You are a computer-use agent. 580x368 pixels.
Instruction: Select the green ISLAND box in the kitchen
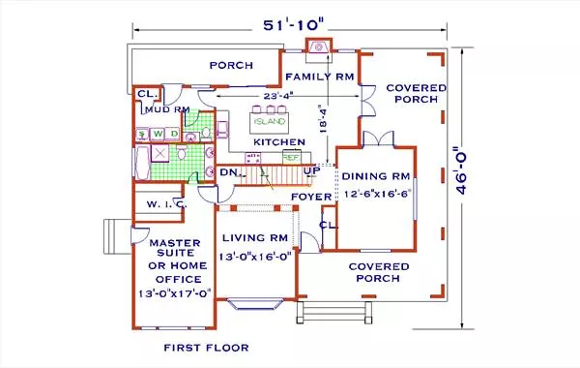(x=268, y=122)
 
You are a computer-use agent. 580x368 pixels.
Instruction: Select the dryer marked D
(x=174, y=134)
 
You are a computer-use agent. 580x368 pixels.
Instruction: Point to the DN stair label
(x=228, y=172)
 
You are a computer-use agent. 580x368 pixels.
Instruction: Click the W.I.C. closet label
(x=159, y=204)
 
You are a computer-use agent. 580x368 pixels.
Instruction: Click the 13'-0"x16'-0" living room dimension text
(x=252, y=256)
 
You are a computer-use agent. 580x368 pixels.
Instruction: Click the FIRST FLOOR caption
(x=206, y=347)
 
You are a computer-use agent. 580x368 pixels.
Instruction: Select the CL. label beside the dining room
(x=328, y=225)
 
